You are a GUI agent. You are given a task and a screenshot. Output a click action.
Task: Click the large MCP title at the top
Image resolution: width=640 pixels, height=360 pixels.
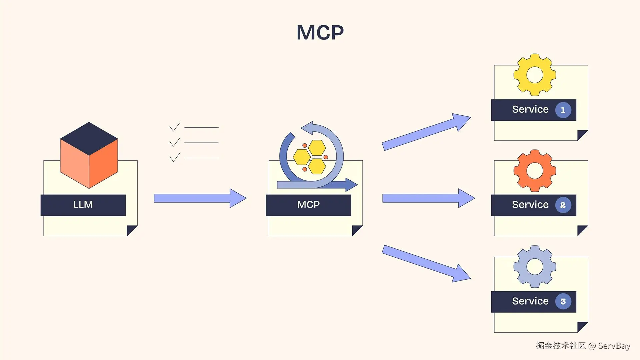click(x=320, y=32)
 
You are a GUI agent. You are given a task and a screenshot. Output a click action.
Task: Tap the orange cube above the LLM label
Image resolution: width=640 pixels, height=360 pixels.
click(x=89, y=155)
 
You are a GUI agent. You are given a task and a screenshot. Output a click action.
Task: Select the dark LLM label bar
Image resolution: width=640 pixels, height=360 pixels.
click(x=83, y=205)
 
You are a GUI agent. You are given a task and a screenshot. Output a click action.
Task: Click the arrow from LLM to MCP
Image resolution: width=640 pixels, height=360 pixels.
click(x=200, y=198)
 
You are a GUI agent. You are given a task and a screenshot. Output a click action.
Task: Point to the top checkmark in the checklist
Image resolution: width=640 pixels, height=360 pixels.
click(x=175, y=127)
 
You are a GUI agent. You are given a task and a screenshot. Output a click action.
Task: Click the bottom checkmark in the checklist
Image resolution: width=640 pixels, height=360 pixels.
click(x=175, y=157)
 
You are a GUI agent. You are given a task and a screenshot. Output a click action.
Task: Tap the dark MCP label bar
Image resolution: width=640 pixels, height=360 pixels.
click(x=308, y=205)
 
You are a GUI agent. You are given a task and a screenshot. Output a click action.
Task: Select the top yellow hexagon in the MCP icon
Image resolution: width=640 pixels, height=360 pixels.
click(x=317, y=148)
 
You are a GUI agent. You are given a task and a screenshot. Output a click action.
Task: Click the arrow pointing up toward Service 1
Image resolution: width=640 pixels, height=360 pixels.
click(x=426, y=132)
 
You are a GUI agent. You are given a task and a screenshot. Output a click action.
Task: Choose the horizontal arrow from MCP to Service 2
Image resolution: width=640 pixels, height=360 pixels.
click(x=429, y=198)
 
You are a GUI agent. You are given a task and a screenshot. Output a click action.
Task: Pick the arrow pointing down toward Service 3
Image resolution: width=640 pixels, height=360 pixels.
click(x=426, y=264)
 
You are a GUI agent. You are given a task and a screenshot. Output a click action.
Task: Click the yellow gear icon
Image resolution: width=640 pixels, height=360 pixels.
click(x=535, y=75)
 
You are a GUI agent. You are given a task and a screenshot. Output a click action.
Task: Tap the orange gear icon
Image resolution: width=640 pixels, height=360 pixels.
click(x=535, y=171)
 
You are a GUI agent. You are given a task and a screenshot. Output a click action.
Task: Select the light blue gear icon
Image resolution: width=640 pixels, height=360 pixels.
click(x=535, y=267)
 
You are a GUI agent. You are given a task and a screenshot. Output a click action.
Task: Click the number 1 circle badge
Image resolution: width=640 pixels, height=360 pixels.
click(x=563, y=110)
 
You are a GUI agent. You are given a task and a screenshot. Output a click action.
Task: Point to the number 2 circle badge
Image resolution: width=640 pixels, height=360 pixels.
click(x=563, y=205)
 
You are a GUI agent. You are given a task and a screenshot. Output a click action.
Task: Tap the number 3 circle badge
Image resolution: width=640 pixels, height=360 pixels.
click(x=563, y=301)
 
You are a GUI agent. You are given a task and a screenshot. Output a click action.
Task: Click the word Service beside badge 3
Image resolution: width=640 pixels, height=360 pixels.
click(x=530, y=301)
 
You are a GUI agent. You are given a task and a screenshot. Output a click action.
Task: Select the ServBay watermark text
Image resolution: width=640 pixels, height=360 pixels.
click(x=614, y=346)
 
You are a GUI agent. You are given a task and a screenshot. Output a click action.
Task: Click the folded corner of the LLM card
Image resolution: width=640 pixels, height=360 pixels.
click(x=132, y=231)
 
